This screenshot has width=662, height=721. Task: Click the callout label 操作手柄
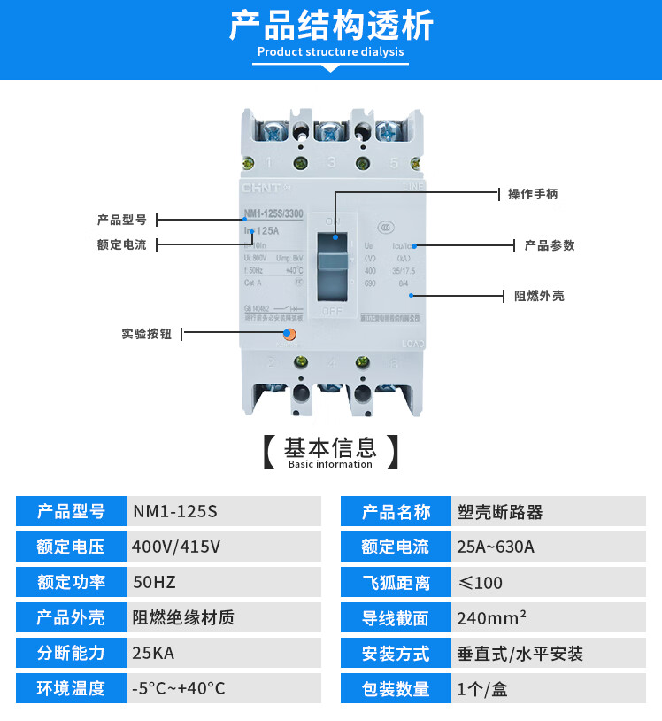[x=532, y=193]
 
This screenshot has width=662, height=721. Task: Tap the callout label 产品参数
[x=550, y=245]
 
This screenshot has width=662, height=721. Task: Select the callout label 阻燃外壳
[x=539, y=296]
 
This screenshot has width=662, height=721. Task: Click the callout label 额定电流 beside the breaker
[x=122, y=244]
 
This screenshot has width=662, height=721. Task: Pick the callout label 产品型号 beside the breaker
[x=122, y=220]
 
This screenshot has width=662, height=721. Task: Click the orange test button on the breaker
[x=289, y=335]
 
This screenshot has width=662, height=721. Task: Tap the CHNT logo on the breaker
[x=262, y=188]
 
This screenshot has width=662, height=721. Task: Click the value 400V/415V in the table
[x=176, y=547]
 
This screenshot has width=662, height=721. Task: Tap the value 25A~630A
[x=496, y=547]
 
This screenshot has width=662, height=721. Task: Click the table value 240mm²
[x=492, y=617]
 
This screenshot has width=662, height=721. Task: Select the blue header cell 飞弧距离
[x=395, y=582]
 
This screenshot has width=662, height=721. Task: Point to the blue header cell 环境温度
[x=71, y=688]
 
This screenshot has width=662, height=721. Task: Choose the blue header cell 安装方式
[x=395, y=653]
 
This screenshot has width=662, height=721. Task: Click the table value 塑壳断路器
[x=499, y=512]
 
